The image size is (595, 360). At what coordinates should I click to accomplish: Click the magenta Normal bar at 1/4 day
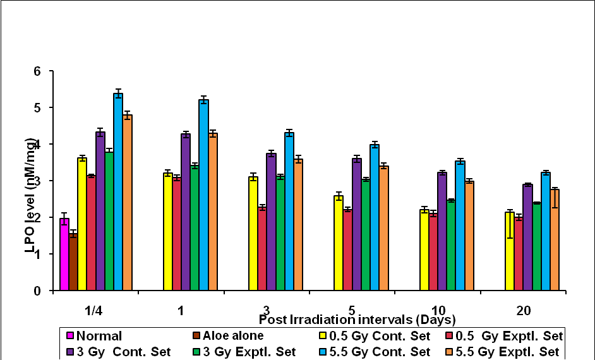(64, 255)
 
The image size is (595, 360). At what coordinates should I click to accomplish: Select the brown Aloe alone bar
(73, 263)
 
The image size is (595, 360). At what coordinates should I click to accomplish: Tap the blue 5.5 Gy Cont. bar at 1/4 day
(118, 193)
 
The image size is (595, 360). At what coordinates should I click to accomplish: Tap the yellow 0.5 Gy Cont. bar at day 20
(510, 252)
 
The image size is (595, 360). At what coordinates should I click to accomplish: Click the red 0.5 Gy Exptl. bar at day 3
(262, 249)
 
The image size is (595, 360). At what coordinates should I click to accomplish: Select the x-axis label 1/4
(95, 311)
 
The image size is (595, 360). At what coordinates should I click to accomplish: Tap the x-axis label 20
(524, 311)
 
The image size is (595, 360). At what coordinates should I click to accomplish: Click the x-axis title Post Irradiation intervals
(357, 319)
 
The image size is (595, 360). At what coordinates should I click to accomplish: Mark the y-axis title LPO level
(29, 215)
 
